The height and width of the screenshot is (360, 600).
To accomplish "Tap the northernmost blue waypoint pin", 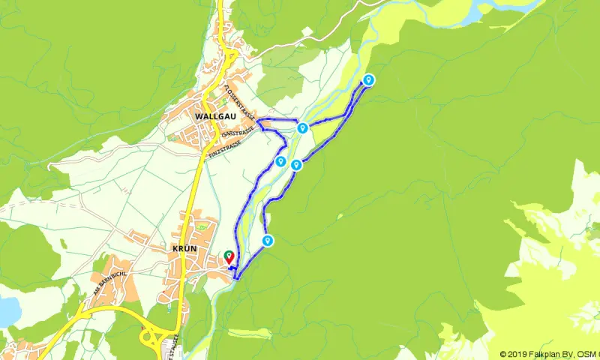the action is tap(368, 79).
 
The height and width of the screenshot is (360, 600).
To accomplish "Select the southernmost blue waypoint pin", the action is tap(267, 240).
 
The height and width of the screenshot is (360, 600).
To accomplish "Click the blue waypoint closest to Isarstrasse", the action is tap(302, 128).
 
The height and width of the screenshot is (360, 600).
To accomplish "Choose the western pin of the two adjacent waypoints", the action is tap(280, 161).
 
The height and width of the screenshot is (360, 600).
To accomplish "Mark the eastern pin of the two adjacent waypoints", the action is tap(296, 165).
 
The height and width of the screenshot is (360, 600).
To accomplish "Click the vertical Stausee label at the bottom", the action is tap(177, 346).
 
